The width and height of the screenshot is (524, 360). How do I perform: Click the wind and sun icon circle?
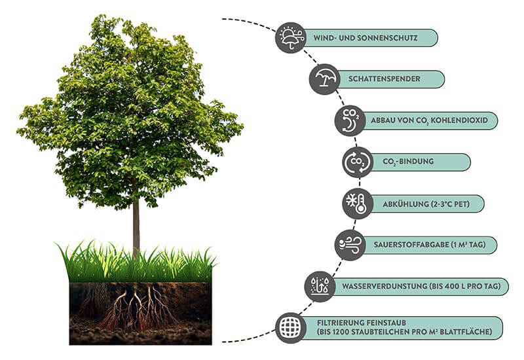coord(290,37)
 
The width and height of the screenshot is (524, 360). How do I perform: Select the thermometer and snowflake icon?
coord(358,204)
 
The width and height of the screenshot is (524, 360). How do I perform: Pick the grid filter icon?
coord(290,327)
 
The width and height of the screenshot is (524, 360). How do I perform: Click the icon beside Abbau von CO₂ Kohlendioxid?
coord(350,120)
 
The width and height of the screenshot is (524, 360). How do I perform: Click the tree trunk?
coord(136,223)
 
